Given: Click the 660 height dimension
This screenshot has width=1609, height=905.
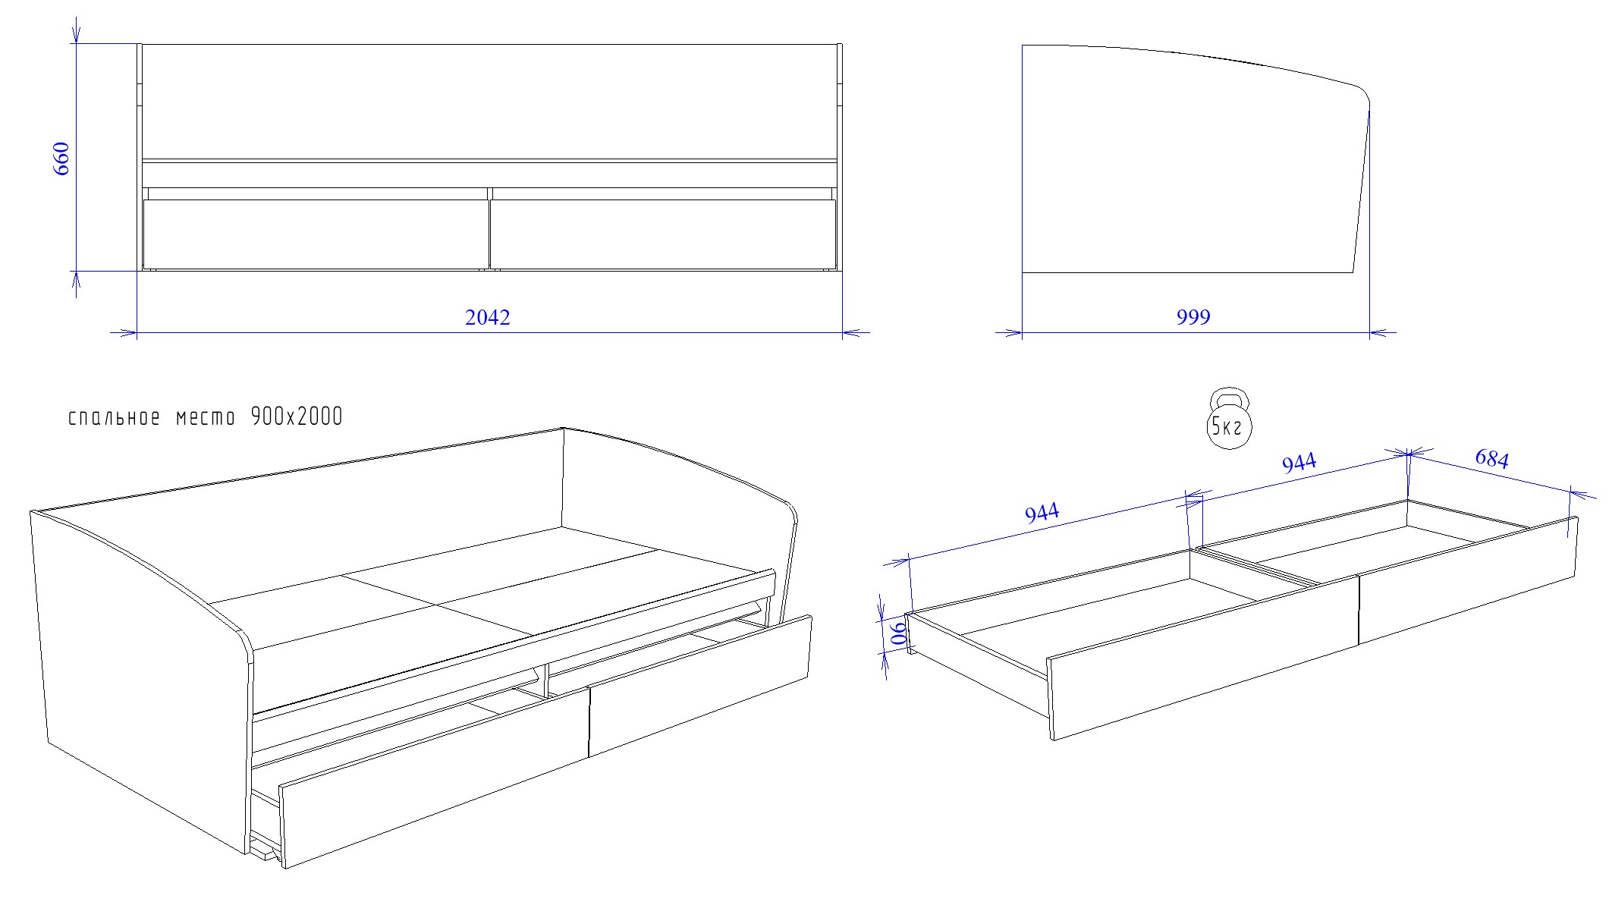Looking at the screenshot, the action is (x=61, y=159).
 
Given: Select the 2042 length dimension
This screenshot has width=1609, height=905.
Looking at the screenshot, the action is (x=488, y=317).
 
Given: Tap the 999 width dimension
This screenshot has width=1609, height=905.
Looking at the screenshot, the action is (x=1193, y=317).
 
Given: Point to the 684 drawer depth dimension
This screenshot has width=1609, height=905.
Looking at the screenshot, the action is (x=1491, y=458).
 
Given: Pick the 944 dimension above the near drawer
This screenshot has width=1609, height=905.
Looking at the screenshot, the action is (x=1042, y=513).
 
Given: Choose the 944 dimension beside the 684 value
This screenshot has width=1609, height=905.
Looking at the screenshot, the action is (x=1299, y=462).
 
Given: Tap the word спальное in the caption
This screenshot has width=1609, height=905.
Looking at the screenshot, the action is (x=115, y=417).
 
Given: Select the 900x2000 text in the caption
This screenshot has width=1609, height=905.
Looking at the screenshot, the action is (x=297, y=416).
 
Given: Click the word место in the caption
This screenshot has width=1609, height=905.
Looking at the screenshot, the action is (x=206, y=418).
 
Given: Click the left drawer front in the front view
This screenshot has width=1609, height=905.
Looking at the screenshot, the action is (x=316, y=234).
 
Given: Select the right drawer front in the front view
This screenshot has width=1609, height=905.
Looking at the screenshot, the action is (x=663, y=234).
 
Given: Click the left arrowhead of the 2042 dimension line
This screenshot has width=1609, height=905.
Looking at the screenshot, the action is (x=124, y=332).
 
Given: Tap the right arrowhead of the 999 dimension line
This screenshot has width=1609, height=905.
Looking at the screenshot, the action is (x=1383, y=332).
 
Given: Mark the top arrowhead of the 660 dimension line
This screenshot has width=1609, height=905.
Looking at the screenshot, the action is (x=76, y=30).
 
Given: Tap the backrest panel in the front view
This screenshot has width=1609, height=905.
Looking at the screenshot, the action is (x=489, y=102).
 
